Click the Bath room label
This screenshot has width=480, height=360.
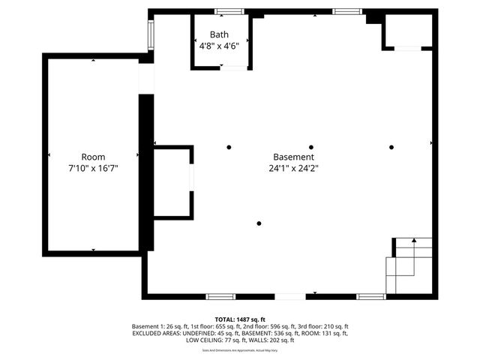pyautogui.click(x=220, y=34)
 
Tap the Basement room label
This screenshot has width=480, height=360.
pyautogui.click(x=293, y=157)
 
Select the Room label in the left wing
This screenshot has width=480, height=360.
pyautogui.click(x=94, y=157)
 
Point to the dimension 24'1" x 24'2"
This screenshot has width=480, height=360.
pyautogui.click(x=293, y=169)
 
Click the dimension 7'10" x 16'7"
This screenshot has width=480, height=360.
pyautogui.click(x=94, y=169)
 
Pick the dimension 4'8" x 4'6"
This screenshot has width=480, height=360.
pyautogui.click(x=220, y=46)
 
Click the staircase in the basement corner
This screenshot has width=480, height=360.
pyautogui.click(x=409, y=265)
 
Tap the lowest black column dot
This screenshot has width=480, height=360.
pyautogui.click(x=259, y=223)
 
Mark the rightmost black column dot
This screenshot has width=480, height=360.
pyautogui.click(x=391, y=147)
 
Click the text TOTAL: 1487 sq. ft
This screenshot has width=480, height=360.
pyautogui.click(x=240, y=319)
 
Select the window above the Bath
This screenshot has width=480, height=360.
pyautogui.click(x=229, y=11)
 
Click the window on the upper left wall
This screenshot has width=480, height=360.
pyautogui.click(x=151, y=34)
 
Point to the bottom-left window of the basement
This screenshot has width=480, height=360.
pyautogui.click(x=220, y=296)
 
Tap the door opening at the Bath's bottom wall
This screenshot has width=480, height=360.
pyautogui.click(x=233, y=68)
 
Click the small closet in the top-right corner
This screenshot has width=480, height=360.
pyautogui.click(x=408, y=31)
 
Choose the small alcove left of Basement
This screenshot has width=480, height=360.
pyautogui.click(x=172, y=182)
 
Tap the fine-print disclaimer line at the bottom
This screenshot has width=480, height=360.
pyautogui.click(x=240, y=350)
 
